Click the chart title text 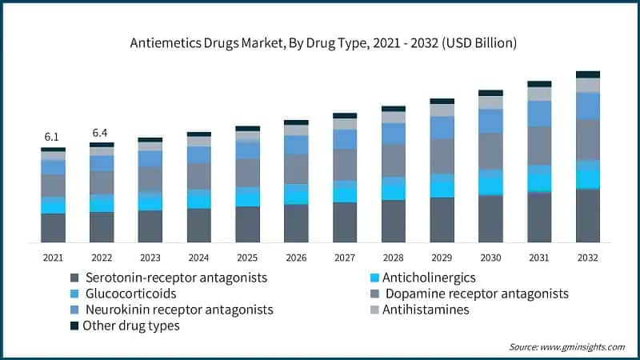click(x=320, y=42)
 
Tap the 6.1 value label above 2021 click(x=53, y=138)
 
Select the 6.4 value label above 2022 click(x=102, y=132)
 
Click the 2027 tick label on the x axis click(x=345, y=258)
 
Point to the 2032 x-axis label click(x=588, y=258)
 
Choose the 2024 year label click(x=198, y=258)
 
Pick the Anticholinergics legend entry click(x=429, y=278)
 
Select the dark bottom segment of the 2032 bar click(x=588, y=215)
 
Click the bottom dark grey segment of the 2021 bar click(x=53, y=227)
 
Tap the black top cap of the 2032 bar click(x=588, y=74)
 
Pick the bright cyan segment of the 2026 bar click(x=296, y=194)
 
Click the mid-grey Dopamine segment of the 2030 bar click(x=490, y=151)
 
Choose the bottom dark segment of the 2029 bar click(x=442, y=219)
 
